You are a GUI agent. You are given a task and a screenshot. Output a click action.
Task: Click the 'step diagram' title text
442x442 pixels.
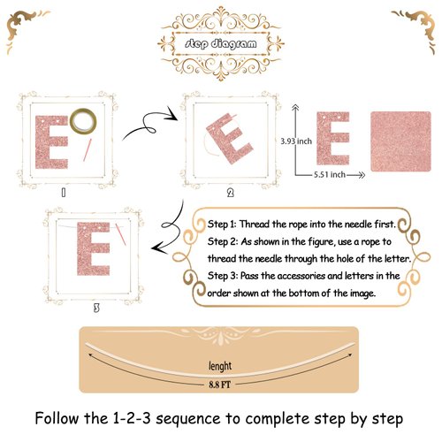point(220,43)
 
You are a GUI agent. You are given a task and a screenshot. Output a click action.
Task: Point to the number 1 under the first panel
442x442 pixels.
point(63,190)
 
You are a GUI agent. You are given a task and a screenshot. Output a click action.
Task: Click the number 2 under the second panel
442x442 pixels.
point(230,191)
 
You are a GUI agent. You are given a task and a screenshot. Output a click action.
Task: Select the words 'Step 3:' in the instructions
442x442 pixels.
point(227,276)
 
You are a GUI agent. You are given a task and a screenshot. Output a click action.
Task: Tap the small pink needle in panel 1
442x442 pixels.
point(86,151)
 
